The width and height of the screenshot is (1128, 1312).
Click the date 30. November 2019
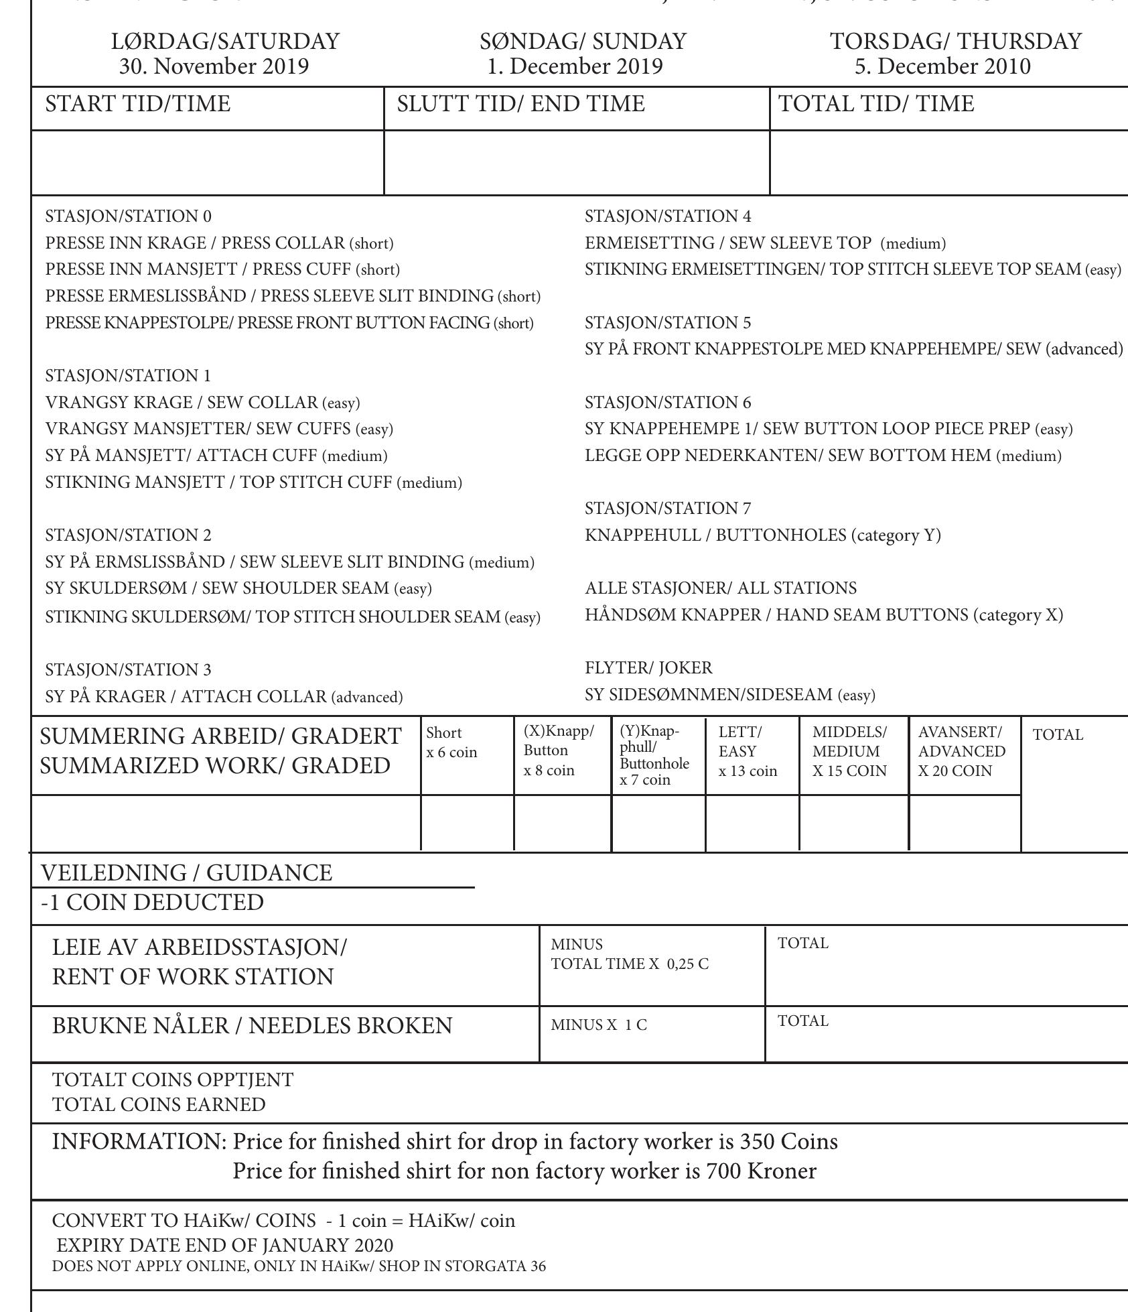click(x=214, y=66)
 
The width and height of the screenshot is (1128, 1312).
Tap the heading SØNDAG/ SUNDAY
click(x=583, y=42)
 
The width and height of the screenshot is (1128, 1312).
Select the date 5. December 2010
click(x=942, y=66)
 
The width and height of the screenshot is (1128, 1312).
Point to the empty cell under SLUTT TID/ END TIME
click(x=577, y=163)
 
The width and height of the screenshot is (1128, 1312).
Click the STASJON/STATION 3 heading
click(x=128, y=669)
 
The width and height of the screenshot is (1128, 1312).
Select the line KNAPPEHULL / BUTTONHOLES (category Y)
click(x=763, y=535)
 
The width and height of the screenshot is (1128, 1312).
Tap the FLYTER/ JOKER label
click(x=648, y=668)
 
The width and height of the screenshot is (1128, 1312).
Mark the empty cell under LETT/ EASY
click(x=752, y=824)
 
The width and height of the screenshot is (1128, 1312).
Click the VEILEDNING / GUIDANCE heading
click(x=186, y=872)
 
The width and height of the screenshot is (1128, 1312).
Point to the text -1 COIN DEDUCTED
click(x=152, y=902)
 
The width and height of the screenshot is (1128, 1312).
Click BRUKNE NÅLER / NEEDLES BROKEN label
click(x=252, y=1026)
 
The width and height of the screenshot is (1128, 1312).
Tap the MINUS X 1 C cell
click(x=599, y=1025)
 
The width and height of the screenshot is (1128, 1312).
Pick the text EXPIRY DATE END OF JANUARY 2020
click(x=224, y=1245)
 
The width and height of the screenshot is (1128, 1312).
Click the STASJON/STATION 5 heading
click(x=668, y=323)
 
